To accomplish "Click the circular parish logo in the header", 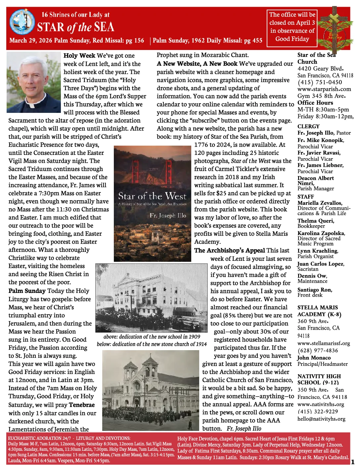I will tap(22, 22).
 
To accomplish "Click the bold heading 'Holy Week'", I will tap(79, 56).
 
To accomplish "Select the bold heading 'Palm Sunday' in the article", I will tap(27, 291).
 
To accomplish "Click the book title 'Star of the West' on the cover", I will tap(152, 196).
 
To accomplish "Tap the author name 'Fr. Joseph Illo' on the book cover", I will tap(168, 215).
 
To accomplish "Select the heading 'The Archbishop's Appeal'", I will tap(229, 251).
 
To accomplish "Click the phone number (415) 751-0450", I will tap(320, 82).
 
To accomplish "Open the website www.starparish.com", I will tap(324, 89).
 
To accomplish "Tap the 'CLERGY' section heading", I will tap(308, 126).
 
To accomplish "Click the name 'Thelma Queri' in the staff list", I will tap(316, 221).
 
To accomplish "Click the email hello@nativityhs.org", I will tap(321, 419).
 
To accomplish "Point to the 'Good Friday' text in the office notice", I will tap(292, 39).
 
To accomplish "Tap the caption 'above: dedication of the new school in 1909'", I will tap(152, 337).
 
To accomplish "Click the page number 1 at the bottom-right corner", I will tap(352, 462).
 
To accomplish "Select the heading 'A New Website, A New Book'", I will tap(197, 64).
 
